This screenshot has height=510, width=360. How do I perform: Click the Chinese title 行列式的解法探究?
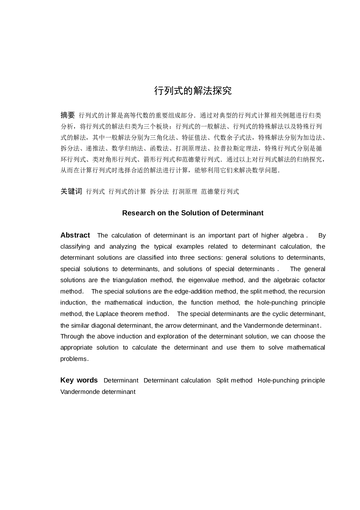(x=193, y=91)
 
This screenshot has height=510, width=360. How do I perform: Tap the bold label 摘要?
(x=68, y=115)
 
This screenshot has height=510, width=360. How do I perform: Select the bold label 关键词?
(x=71, y=191)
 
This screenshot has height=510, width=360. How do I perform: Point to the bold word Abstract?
(x=75, y=235)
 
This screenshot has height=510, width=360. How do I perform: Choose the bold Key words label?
(x=79, y=380)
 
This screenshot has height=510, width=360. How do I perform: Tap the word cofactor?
(x=313, y=280)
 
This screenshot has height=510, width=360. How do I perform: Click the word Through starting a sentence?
(x=72, y=336)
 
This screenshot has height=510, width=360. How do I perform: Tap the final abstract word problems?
(x=74, y=359)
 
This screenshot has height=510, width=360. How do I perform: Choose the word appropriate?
(x=76, y=347)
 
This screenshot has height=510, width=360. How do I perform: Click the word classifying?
(x=75, y=247)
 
